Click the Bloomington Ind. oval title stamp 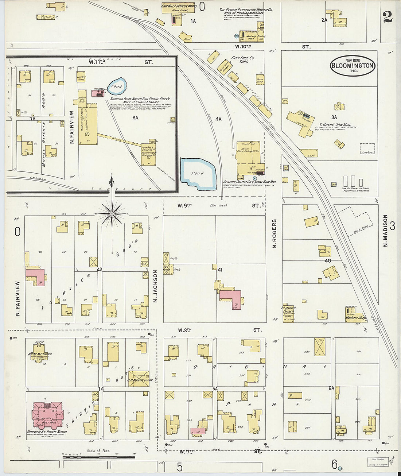[x=352, y=66]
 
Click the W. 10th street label [x=243, y=47]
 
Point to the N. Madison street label [x=385, y=230]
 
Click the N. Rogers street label [x=275, y=233]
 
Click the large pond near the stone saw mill [x=198, y=174]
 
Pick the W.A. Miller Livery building [x=139, y=379]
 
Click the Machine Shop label [x=355, y=318]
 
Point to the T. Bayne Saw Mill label [x=335, y=124]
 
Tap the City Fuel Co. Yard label [x=243, y=60]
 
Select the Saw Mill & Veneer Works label [x=179, y=6]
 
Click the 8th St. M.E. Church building [x=39, y=351]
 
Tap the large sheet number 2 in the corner [x=387, y=16]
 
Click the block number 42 [x=99, y=270]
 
